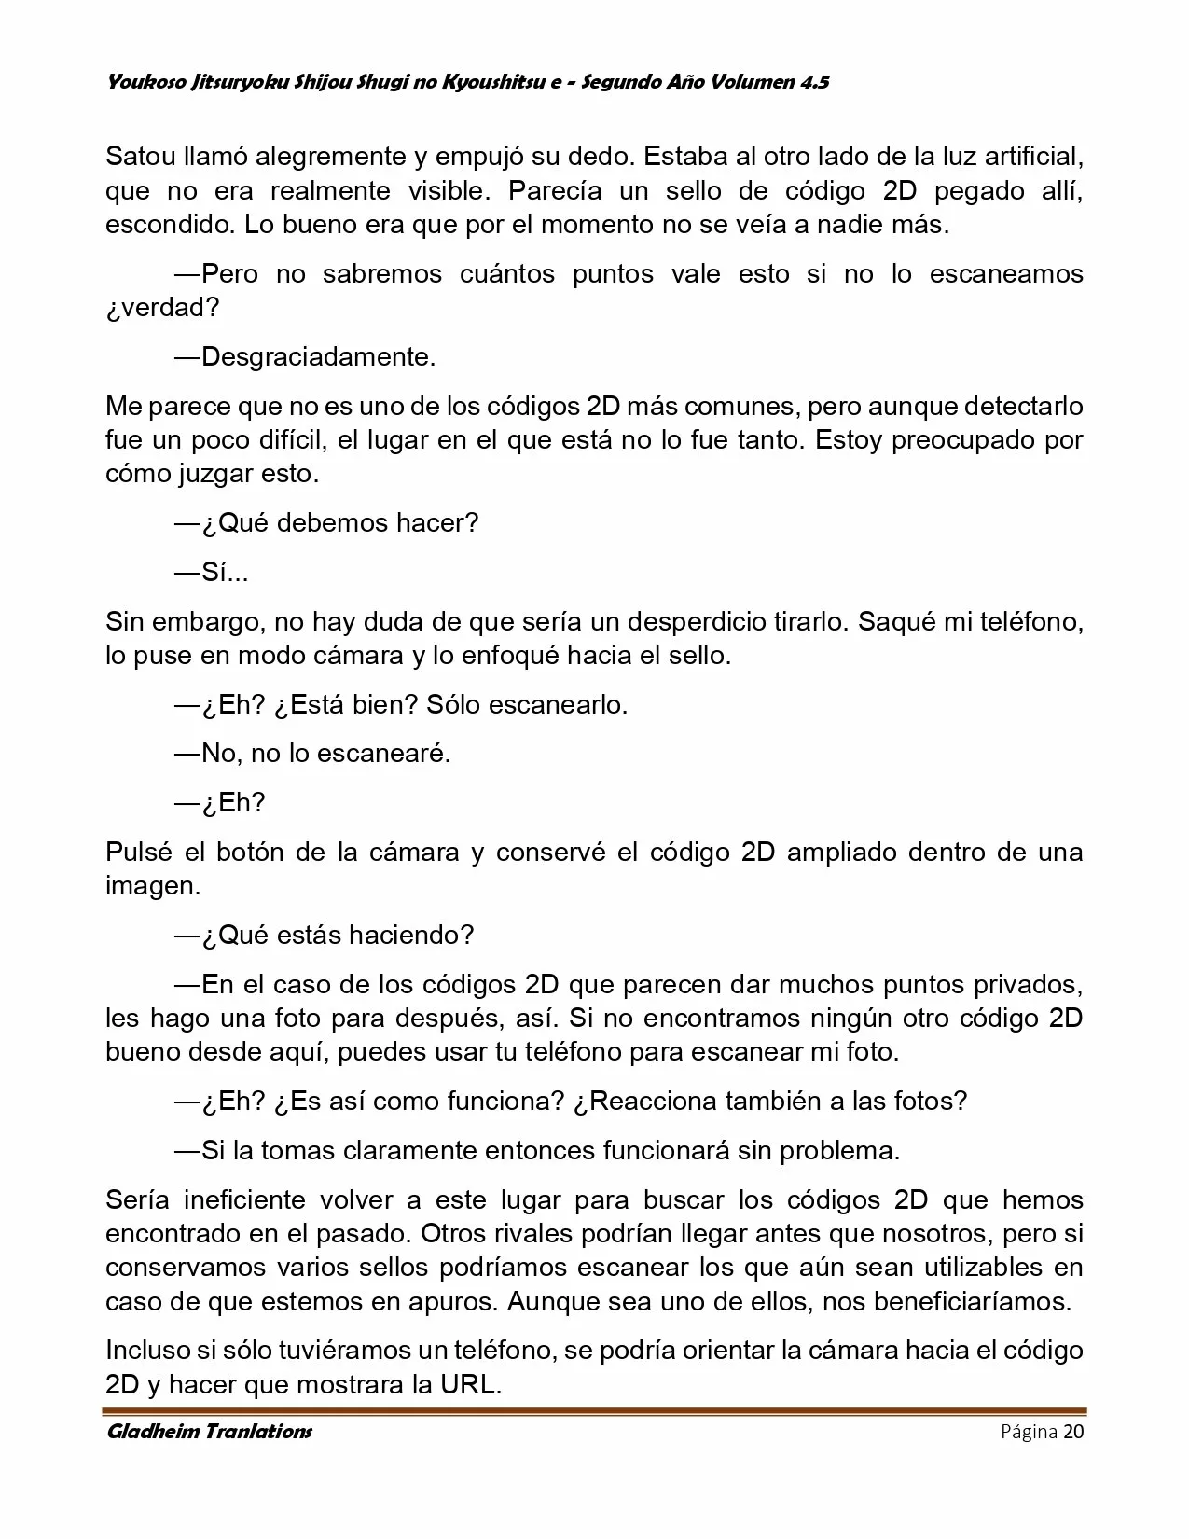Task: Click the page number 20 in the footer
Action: [x=1073, y=1433]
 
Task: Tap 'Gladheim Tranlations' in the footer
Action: [x=210, y=1432]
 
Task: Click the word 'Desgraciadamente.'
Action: [x=318, y=357]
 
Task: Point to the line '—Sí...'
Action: [x=212, y=572]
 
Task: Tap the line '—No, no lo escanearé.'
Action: [x=312, y=754]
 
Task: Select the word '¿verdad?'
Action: [x=162, y=308]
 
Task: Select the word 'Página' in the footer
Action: [x=1029, y=1433]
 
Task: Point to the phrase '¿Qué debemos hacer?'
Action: [x=339, y=522]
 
